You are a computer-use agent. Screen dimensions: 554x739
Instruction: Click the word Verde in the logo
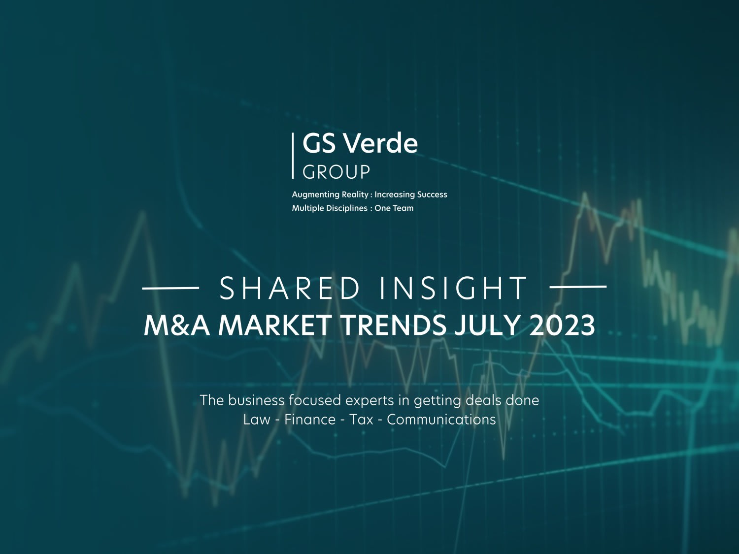coord(380,143)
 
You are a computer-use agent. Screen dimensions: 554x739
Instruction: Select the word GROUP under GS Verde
coord(336,172)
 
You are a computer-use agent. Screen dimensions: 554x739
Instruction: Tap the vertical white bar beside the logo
coord(293,156)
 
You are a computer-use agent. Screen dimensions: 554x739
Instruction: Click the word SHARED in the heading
coord(290,289)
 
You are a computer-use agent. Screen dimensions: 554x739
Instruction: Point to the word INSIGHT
coord(453,289)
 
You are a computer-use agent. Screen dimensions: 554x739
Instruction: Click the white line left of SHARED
coord(170,287)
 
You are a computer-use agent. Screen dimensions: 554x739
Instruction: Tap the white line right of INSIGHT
coord(577,286)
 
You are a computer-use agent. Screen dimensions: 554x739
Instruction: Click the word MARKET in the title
coord(275,326)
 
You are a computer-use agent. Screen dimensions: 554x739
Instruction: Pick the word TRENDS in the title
coord(393,326)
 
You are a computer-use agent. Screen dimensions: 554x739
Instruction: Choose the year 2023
coord(562,326)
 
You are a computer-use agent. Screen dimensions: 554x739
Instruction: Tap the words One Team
coord(394,208)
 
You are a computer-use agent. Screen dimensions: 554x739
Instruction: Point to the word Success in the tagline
coord(428,195)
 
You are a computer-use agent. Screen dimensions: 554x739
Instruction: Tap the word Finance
coord(310,420)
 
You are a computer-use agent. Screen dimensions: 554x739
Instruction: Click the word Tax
coord(361,420)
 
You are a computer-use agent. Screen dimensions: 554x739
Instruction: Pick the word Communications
coord(441,420)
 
